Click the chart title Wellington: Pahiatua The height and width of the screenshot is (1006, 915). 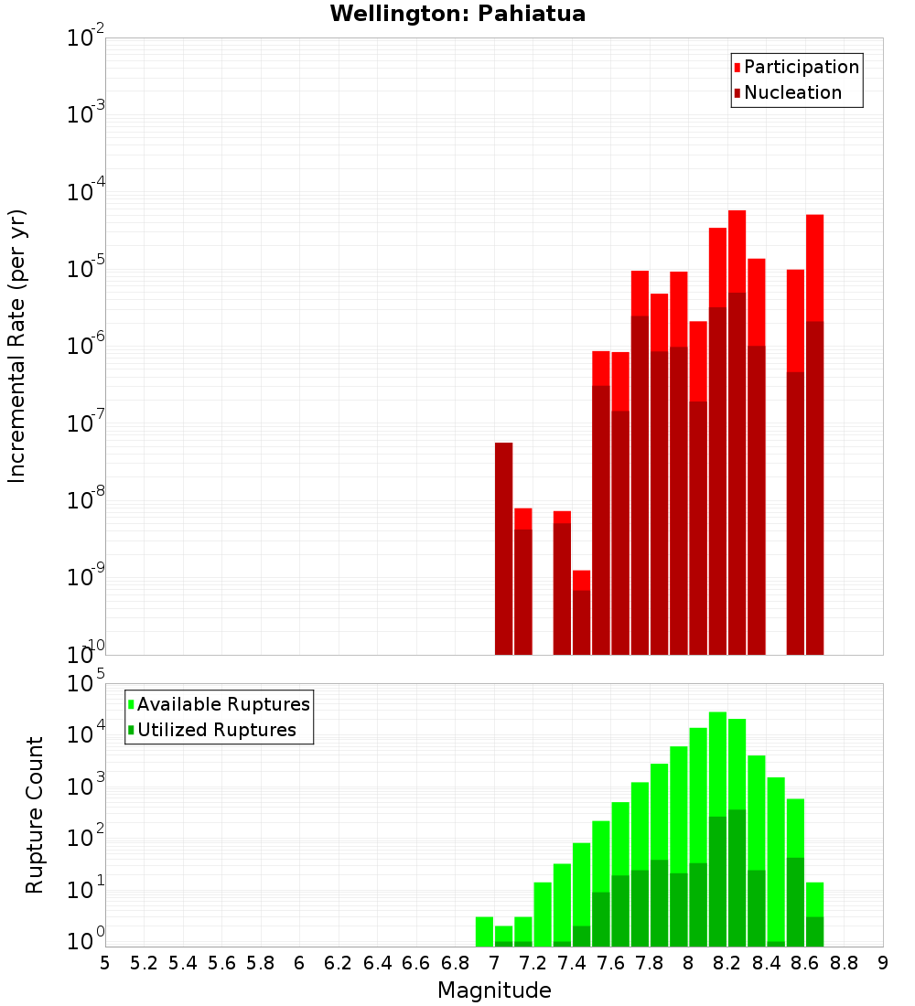pyautogui.click(x=457, y=14)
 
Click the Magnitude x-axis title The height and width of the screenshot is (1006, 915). pyautogui.click(x=494, y=990)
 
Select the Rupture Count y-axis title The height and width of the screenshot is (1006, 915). pyautogui.click(x=35, y=815)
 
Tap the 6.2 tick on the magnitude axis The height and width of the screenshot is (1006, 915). pyautogui.click(x=339, y=962)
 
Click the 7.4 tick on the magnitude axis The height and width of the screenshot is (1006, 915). pyautogui.click(x=572, y=962)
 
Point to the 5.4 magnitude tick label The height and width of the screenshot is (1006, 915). pyautogui.click(x=183, y=962)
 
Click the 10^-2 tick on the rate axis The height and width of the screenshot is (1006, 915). pyautogui.click(x=85, y=38)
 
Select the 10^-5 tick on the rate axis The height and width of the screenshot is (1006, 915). pyautogui.click(x=85, y=269)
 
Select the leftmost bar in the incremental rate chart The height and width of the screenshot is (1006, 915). pyautogui.click(x=503, y=549)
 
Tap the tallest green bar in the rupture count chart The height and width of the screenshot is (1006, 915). pyautogui.click(x=717, y=823)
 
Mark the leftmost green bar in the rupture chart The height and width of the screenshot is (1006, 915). pyautogui.click(x=484, y=931)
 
